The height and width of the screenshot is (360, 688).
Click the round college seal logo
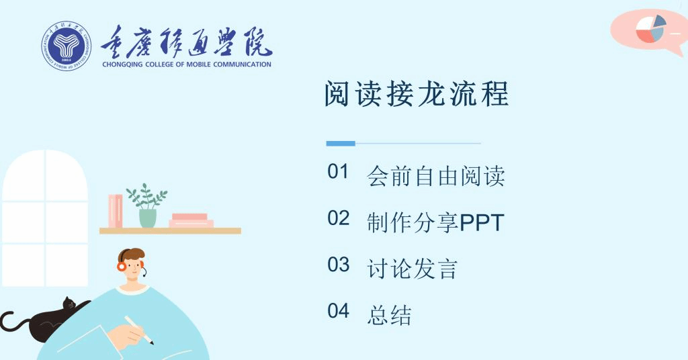tap(67, 46)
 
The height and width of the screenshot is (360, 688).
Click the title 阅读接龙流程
tap(417, 93)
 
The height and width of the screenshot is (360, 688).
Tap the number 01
tap(338, 171)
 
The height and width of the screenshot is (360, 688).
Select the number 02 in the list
tap(339, 218)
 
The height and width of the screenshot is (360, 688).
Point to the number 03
tap(339, 265)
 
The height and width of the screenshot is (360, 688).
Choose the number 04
tap(339, 311)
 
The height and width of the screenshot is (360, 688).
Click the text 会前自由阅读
tap(435, 176)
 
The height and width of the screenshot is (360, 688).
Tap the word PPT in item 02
tap(482, 223)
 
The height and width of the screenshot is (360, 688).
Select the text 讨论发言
tap(413, 269)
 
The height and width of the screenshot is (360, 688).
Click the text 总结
tap(389, 315)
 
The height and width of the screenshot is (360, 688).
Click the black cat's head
tap(69, 304)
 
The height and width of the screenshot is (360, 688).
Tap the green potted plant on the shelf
tap(147, 206)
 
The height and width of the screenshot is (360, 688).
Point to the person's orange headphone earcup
tap(122, 266)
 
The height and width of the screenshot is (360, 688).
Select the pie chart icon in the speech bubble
tap(651, 29)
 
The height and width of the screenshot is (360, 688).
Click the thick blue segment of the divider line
tap(341, 143)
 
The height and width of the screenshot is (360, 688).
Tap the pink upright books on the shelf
tap(116, 212)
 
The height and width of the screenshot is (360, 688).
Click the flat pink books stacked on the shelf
tap(191, 220)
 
